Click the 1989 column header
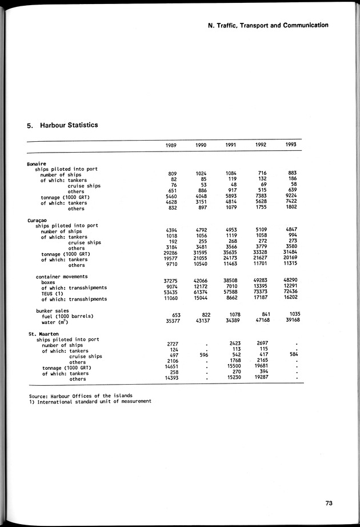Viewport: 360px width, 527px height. (171, 145)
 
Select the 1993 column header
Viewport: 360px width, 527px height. (290, 145)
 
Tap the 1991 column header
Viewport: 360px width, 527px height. (230, 145)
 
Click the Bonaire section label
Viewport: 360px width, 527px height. (37, 164)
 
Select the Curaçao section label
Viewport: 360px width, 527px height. (38, 220)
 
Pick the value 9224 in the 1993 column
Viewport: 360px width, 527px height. (290, 196)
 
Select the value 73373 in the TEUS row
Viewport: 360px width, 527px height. (261, 293)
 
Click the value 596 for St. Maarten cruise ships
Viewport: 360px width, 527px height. (201, 354)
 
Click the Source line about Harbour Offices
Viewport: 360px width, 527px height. (81, 396)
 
